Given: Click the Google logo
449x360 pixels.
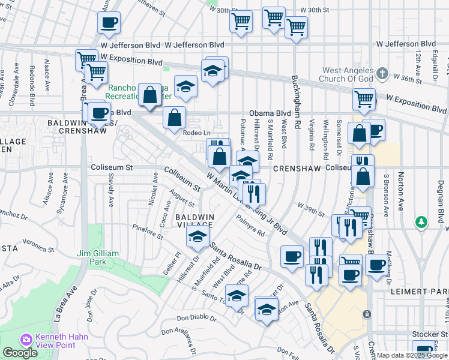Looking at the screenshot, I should pyautogui.click(x=20, y=353).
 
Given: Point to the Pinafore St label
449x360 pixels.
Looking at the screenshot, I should pyautogui.click(x=148, y=232).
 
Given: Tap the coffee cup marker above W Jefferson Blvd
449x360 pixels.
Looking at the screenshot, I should pyautogui.click(x=109, y=23).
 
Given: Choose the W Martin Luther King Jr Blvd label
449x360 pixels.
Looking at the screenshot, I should pyautogui.click(x=246, y=203).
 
